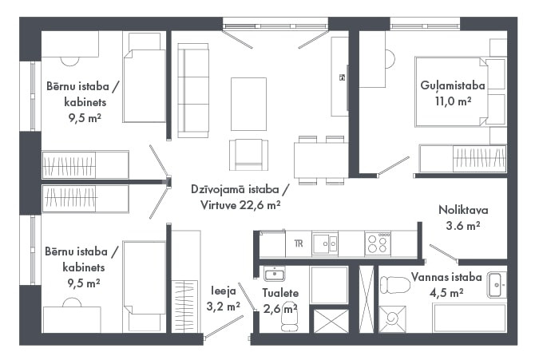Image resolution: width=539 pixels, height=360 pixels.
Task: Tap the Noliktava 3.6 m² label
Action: click(x=463, y=217)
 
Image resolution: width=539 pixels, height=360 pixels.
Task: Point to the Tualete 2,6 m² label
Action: click(x=280, y=301)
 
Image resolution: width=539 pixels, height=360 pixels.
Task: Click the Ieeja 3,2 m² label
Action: click(x=223, y=299)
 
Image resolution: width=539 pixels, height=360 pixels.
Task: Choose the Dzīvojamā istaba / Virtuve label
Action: click(x=240, y=197)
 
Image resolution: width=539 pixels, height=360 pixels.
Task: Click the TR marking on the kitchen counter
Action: click(x=299, y=243)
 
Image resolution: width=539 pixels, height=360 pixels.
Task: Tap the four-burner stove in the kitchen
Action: click(x=378, y=243)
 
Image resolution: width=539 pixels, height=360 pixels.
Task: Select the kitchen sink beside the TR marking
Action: click(x=325, y=243)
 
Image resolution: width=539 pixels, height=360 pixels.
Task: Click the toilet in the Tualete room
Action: click(x=289, y=318)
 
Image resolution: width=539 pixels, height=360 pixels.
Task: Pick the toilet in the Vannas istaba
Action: click(x=395, y=285)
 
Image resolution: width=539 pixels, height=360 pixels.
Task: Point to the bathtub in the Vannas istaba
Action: click(x=470, y=318)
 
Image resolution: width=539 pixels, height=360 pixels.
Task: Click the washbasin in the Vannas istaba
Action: click(x=497, y=285)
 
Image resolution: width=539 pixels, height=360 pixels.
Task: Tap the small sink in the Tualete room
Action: click(x=275, y=274)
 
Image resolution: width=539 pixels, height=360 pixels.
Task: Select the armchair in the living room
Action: click(x=249, y=155)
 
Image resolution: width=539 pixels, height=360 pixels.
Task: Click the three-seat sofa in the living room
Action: click(x=193, y=90)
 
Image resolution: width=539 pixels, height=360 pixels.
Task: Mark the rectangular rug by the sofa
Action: click(x=248, y=104)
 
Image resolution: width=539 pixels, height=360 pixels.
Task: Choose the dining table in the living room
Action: click(x=321, y=160)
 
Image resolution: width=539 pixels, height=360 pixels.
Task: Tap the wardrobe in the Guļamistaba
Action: click(x=462, y=158)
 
